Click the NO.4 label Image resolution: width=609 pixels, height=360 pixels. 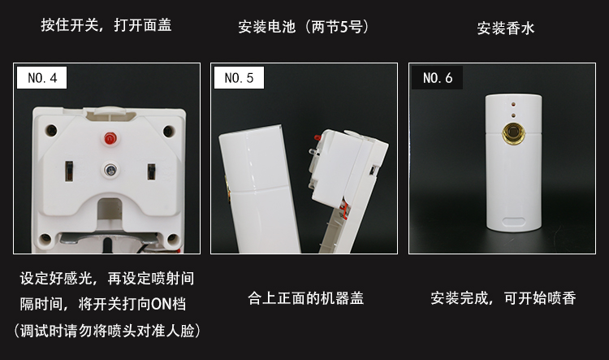42,79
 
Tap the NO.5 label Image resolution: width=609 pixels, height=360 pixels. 239,79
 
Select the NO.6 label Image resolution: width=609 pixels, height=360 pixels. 438,79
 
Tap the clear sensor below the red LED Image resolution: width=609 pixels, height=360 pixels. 108,169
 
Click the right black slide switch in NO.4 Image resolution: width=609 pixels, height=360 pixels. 151,172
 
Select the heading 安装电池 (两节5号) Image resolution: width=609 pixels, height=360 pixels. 304,27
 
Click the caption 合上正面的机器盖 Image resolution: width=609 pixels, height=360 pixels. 304,298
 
